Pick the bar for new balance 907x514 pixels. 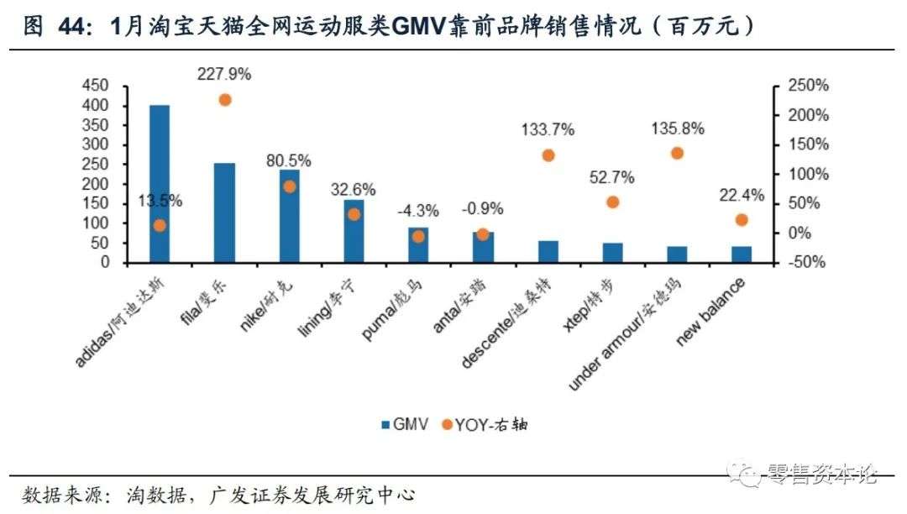click(x=742, y=254)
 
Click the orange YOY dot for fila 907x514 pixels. click(x=225, y=100)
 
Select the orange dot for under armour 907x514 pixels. click(x=677, y=153)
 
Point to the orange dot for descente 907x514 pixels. click(x=548, y=155)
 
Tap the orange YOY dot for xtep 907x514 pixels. click(x=612, y=202)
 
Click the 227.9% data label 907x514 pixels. click(x=224, y=74)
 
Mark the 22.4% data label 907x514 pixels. click(x=742, y=196)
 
